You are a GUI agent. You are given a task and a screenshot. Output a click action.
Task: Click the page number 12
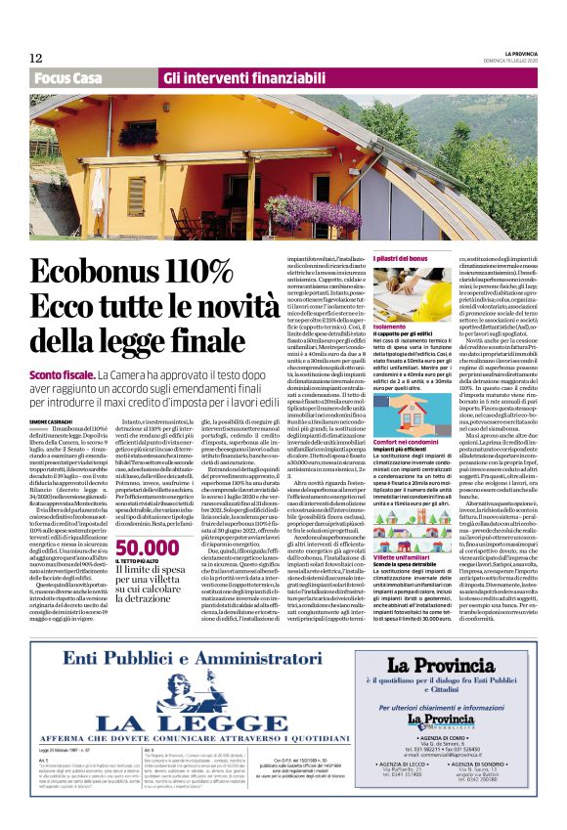(35, 58)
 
